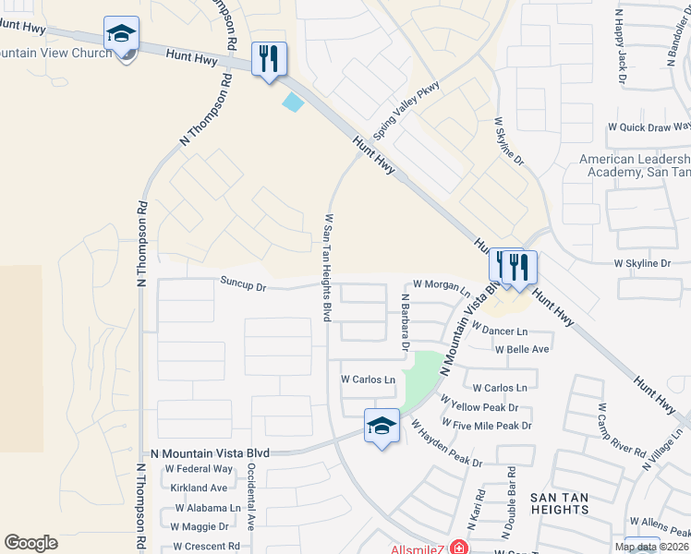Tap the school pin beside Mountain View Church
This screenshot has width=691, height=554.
[x=121, y=34]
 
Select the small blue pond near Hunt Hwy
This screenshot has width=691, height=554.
[x=293, y=102]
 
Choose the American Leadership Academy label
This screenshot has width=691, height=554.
[x=634, y=165]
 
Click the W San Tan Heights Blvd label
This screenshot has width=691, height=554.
[x=327, y=269]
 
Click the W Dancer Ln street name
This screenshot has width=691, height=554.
[x=499, y=330]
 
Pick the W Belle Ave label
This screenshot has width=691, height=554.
[x=522, y=350]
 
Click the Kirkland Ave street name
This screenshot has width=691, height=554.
[x=198, y=488]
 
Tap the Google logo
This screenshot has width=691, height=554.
[x=30, y=543]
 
